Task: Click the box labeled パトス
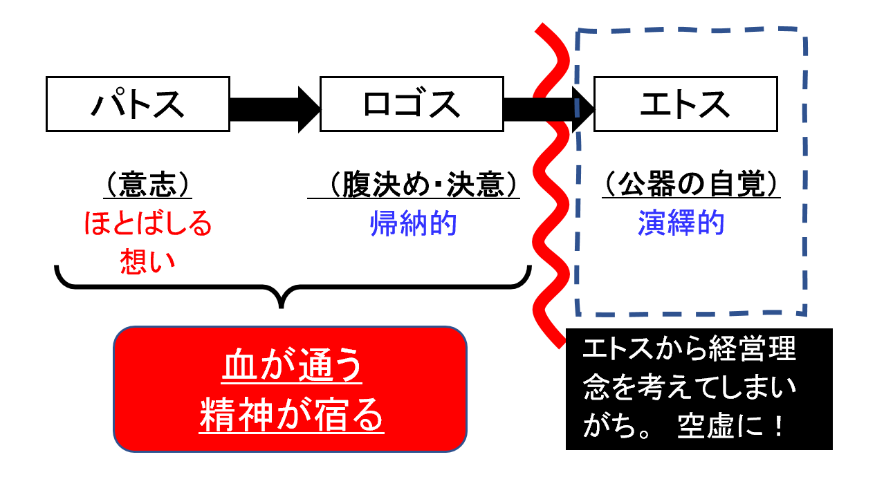(x=138, y=104)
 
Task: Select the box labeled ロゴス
(x=411, y=104)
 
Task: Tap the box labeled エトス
(x=685, y=104)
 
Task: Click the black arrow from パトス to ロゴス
(x=274, y=108)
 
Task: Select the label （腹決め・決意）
(x=414, y=186)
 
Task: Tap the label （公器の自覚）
(x=691, y=186)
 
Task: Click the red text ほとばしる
(x=147, y=225)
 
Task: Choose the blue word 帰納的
(x=414, y=225)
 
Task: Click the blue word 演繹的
(x=681, y=224)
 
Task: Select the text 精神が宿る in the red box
(x=291, y=415)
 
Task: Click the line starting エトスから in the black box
(x=690, y=350)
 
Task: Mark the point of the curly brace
(x=280, y=305)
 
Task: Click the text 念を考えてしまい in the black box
(x=690, y=389)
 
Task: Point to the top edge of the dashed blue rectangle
(x=692, y=30)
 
